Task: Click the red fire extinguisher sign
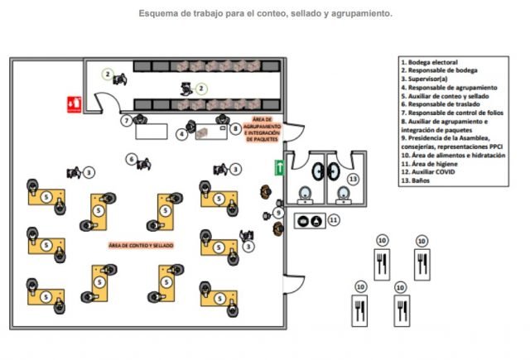(x=75, y=103)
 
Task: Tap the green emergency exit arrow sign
(x=281, y=167)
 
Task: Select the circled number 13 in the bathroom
(x=353, y=179)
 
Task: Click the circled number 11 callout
(x=334, y=219)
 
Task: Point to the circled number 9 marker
(x=278, y=213)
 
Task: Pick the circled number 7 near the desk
(x=126, y=121)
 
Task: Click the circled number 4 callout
(x=181, y=133)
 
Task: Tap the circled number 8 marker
(x=236, y=128)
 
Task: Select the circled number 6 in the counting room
(x=131, y=159)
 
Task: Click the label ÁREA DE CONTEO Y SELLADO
(x=141, y=246)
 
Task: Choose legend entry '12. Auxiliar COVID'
(x=429, y=172)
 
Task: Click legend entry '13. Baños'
(x=416, y=181)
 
